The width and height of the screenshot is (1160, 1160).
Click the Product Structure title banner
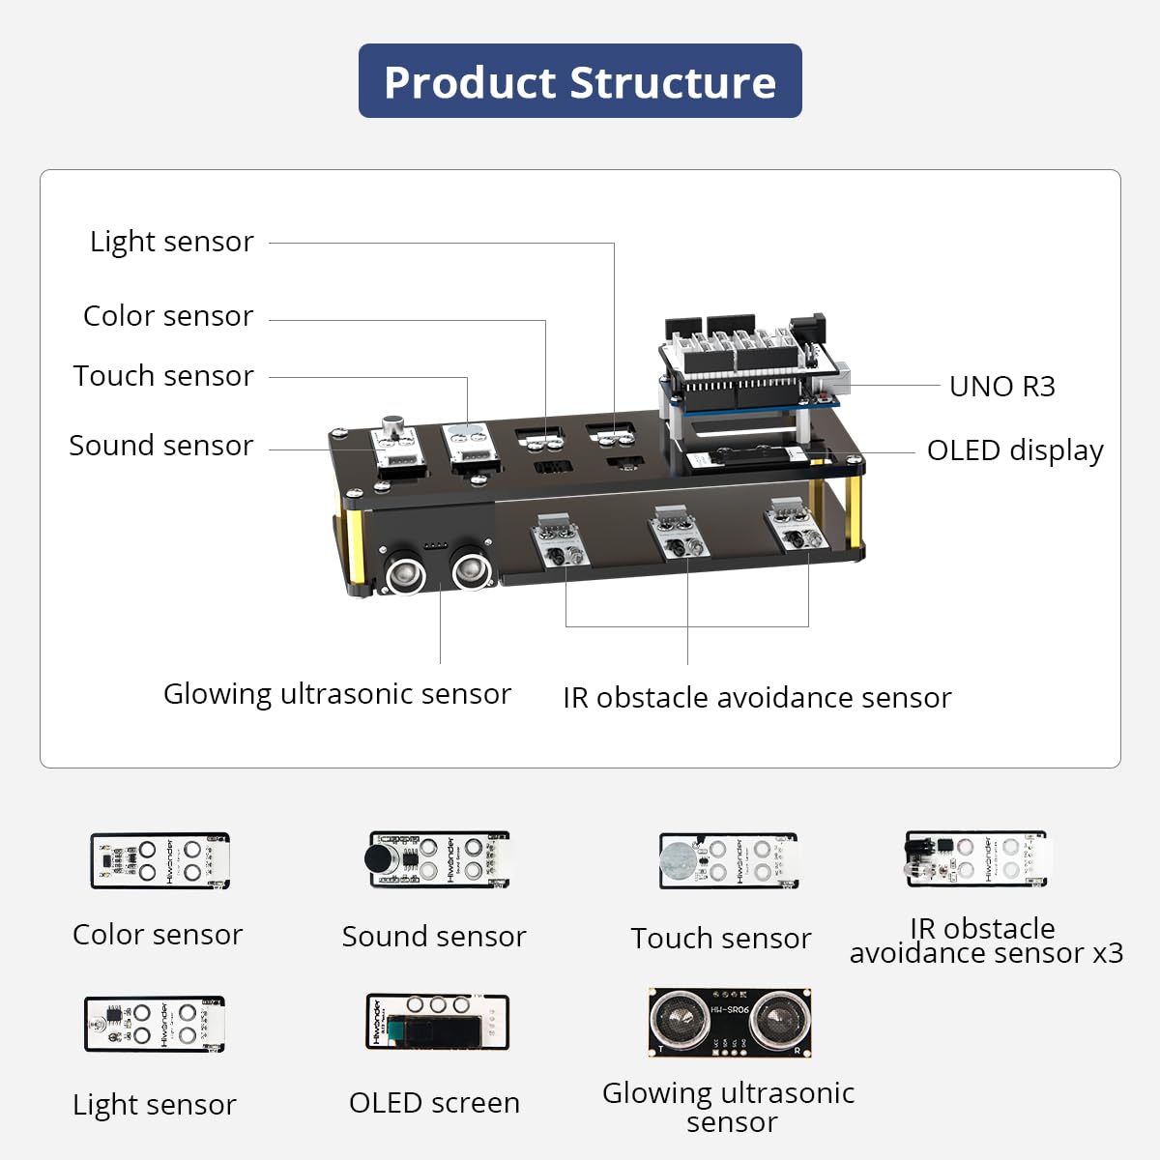(x=580, y=81)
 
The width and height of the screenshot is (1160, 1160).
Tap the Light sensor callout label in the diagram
(x=172, y=242)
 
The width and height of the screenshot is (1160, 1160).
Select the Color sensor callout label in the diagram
(x=168, y=316)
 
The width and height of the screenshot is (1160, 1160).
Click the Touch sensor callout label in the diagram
(x=163, y=376)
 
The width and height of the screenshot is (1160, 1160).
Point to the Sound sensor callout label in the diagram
(x=161, y=446)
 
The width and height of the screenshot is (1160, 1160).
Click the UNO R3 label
(x=1001, y=387)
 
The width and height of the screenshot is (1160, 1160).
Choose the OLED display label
(x=1014, y=450)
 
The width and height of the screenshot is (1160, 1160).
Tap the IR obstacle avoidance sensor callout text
(x=757, y=698)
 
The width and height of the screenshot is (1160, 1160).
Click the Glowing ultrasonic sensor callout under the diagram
(x=336, y=694)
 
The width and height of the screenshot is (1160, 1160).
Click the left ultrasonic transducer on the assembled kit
(x=406, y=573)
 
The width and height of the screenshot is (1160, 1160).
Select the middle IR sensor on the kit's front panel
(x=678, y=534)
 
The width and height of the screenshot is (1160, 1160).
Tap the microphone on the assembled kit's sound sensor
(x=393, y=426)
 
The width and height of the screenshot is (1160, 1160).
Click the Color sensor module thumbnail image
(x=159, y=860)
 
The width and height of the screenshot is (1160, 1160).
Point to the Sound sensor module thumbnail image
(x=438, y=859)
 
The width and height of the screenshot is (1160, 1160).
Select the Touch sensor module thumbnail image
(x=728, y=860)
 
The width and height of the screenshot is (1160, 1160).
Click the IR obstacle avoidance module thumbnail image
(x=975, y=858)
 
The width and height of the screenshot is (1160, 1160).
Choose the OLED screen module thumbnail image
(x=437, y=1023)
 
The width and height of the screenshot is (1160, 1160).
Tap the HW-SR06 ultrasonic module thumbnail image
(x=730, y=1023)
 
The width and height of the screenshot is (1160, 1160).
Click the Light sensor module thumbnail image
(x=155, y=1024)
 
